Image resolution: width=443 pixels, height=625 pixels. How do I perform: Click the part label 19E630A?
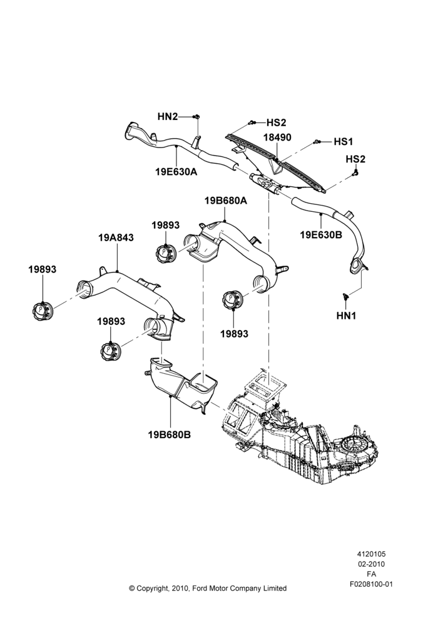coord(176,172)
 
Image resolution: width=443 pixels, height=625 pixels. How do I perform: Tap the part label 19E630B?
coord(321,235)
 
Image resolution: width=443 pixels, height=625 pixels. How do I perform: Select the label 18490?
coord(277,137)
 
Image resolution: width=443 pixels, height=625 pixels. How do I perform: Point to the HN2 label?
coord(167,116)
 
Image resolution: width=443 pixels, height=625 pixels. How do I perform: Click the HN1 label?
coord(346,316)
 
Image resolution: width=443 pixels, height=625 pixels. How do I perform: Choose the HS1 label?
coord(344,141)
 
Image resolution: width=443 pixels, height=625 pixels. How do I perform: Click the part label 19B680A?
coord(225,201)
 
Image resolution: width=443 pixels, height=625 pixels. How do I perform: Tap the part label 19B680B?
coord(170,434)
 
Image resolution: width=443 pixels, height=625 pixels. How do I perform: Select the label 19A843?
coord(116,237)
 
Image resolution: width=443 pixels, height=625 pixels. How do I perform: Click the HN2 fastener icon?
coord(196,116)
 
